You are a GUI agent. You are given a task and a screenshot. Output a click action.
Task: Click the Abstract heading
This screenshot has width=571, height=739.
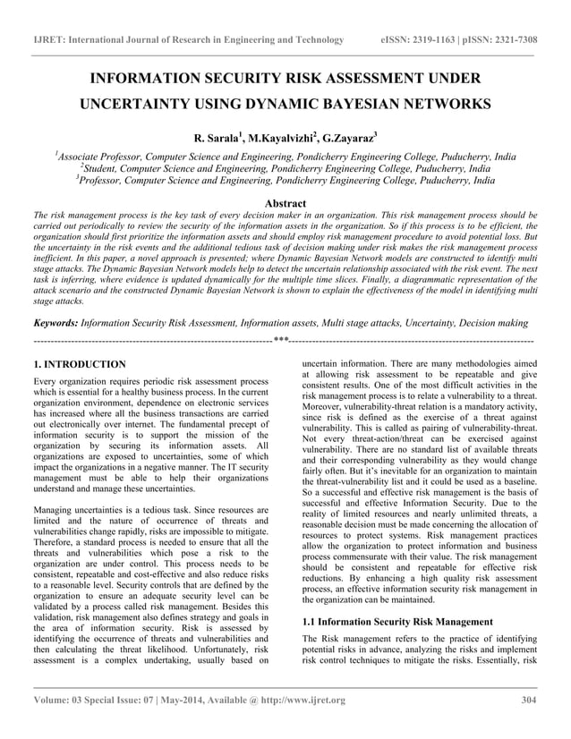pos(285,204)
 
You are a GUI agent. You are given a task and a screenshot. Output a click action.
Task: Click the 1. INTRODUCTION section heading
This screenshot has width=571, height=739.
pos(79,365)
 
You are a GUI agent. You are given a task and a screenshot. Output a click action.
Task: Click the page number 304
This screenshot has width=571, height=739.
pos(527,700)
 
